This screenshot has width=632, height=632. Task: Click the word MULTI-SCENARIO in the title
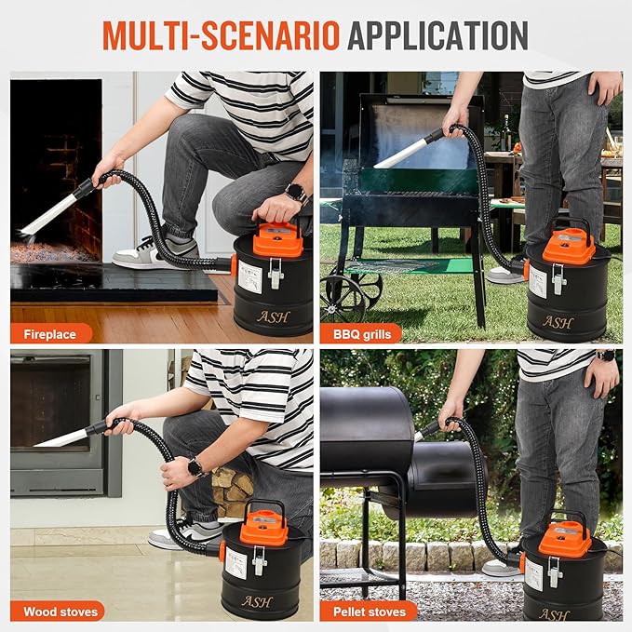220,34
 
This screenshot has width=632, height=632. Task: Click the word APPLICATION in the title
437,34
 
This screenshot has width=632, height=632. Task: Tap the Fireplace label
50,333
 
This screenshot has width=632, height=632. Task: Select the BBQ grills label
360,333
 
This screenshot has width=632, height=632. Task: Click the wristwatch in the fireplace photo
296,194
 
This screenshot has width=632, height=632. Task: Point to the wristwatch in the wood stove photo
196,467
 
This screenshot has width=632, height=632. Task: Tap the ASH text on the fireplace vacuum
273,316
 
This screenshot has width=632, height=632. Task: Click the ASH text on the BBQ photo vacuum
558,321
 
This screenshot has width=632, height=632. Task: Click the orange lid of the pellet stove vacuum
565,538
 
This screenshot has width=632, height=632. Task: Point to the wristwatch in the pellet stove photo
606,355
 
